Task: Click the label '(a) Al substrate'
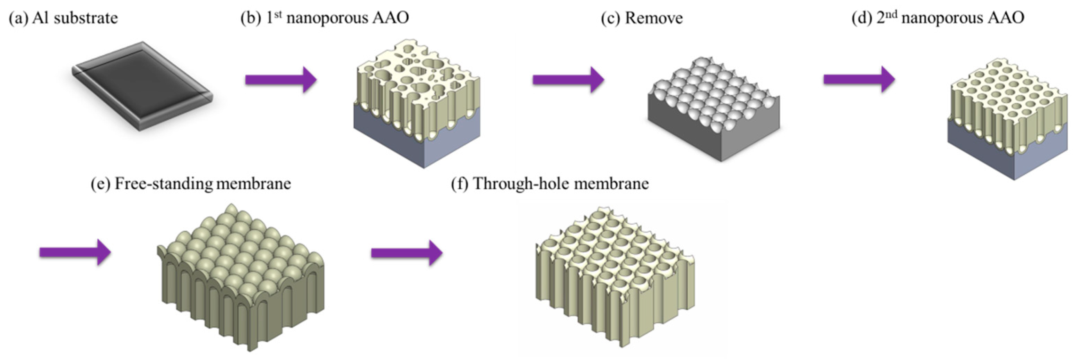click(x=64, y=18)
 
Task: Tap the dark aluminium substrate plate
click(x=142, y=86)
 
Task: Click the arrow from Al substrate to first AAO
click(x=280, y=79)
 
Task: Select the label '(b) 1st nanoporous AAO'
click(x=325, y=18)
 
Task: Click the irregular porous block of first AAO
click(x=416, y=84)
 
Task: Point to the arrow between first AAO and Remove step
click(x=568, y=79)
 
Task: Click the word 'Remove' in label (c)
click(x=654, y=18)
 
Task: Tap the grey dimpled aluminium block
click(x=713, y=109)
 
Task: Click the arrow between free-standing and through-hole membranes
click(x=406, y=252)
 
